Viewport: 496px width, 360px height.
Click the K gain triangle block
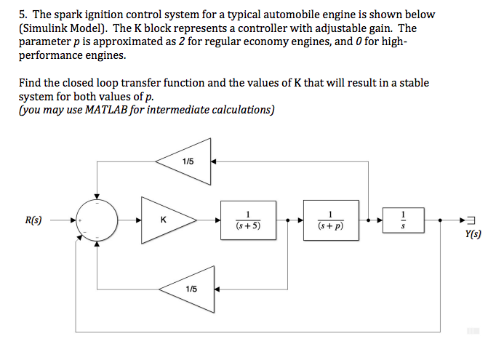pyautogui.click(x=166, y=219)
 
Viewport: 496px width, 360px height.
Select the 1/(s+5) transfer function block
pyautogui.click(x=247, y=219)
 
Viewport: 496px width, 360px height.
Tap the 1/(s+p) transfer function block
pyautogui.click(x=331, y=219)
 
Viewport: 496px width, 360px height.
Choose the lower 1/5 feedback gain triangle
pyautogui.click(x=191, y=288)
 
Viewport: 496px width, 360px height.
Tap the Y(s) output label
pyautogui.click(x=472, y=234)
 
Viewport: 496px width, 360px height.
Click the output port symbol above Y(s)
pyautogui.click(x=471, y=220)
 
